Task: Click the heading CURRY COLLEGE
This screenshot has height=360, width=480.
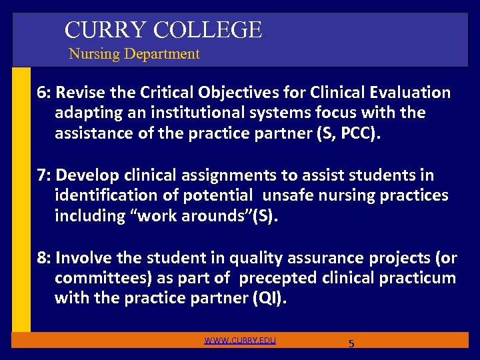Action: [163, 29]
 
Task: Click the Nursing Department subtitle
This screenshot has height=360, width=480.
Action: [134, 54]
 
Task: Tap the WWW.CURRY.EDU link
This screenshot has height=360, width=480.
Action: [240, 341]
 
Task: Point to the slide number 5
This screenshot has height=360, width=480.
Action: [351, 344]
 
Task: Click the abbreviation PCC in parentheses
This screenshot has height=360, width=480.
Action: [357, 134]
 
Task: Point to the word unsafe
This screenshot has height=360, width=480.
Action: [287, 196]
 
